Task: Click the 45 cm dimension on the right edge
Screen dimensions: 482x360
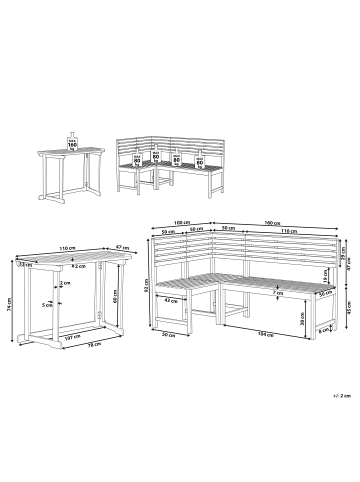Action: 349,307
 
